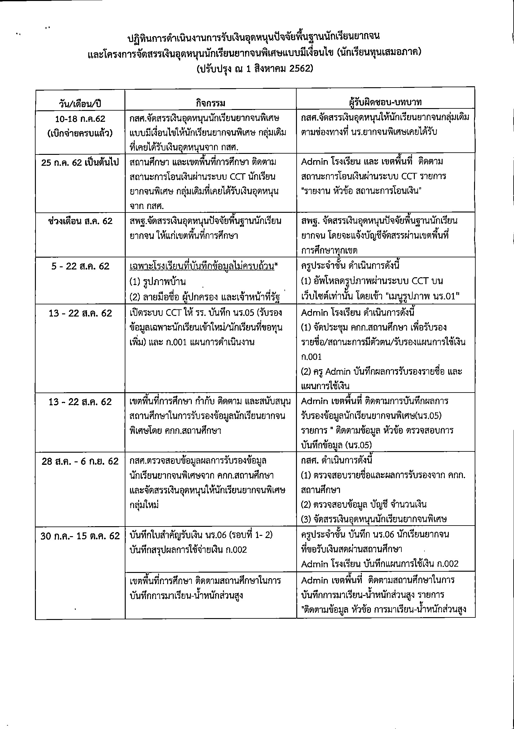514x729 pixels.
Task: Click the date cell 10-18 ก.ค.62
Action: (80, 119)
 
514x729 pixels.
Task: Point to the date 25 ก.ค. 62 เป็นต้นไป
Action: (80, 163)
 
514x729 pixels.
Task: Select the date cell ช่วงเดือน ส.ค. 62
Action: (80, 221)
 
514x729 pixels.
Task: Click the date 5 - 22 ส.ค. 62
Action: (80, 266)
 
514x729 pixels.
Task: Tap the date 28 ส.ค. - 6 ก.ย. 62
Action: (80, 461)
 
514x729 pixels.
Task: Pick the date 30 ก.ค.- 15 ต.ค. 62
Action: (80, 536)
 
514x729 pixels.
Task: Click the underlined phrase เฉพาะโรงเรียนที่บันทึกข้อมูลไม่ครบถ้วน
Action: (202, 266)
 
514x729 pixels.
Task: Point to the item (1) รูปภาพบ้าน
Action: (158, 282)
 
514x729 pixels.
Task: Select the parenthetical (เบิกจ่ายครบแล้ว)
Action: (80, 133)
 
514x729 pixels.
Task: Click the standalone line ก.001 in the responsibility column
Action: (312, 357)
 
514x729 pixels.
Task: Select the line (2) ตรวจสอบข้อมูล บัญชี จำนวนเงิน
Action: (364, 504)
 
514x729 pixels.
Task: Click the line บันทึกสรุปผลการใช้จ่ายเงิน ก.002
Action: (188, 550)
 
